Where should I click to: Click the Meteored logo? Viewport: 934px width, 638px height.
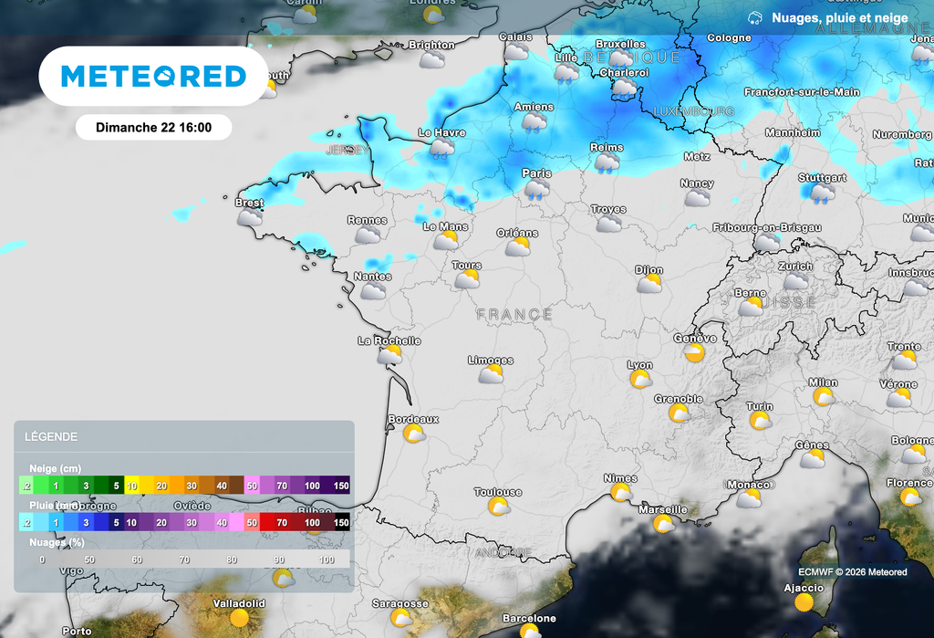coord(153,77)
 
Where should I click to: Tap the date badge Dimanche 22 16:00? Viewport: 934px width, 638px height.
coord(153,128)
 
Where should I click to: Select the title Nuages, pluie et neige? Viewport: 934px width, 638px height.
coord(839,18)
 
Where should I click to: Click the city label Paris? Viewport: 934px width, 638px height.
coord(536,173)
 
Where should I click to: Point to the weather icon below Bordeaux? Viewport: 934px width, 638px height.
coord(414,434)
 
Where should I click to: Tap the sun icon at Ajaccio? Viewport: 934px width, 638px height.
coord(804,602)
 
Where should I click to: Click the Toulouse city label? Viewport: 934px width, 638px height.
coord(498,492)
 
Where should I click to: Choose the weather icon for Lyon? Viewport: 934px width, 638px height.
coord(640,379)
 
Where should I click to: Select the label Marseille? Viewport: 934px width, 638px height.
coord(663,509)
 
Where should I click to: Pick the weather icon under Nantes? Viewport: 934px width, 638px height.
coord(373,291)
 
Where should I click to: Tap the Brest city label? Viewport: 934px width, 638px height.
coord(249,203)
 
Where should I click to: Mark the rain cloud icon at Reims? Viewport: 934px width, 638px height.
coord(607,162)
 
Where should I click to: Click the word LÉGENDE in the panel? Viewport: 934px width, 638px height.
coord(51,437)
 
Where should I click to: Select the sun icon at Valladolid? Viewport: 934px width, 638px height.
coord(240,618)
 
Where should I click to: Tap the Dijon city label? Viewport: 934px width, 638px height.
coord(649,270)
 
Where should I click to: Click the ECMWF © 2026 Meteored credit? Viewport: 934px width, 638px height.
coord(853,572)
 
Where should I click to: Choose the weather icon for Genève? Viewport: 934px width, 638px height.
coord(695,353)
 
